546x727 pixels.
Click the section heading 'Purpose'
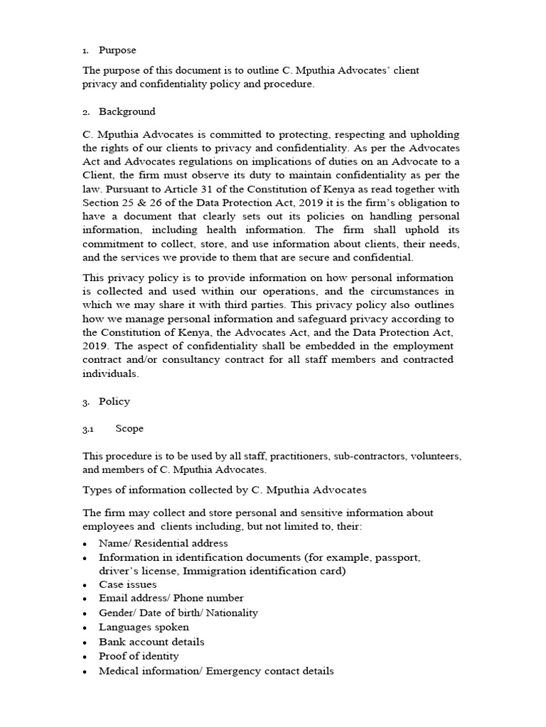117,50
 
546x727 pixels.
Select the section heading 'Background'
127,111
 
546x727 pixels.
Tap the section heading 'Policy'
114,401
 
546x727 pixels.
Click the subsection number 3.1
88,429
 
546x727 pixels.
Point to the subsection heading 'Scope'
129,429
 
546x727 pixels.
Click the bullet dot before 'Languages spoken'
85,628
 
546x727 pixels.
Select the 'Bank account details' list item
151,642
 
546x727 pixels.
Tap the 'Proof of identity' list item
139,656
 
